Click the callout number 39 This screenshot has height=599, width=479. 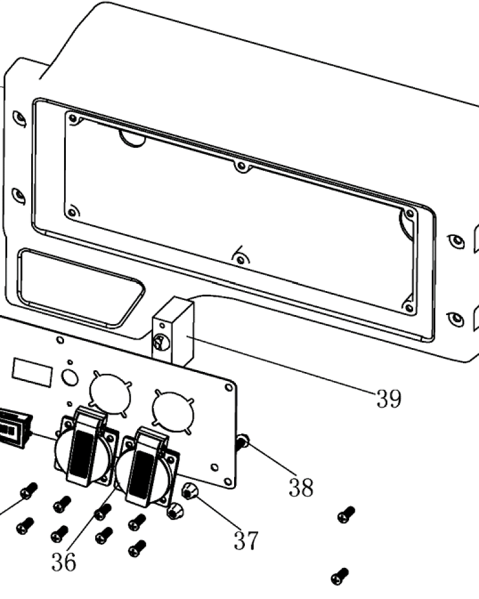pos(389,398)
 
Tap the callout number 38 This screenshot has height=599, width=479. pos(301,487)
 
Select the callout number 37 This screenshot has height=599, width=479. pos(246,540)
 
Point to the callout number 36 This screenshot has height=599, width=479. pos(64,562)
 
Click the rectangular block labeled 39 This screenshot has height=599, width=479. pos(173,331)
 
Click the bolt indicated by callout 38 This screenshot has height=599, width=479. pos(242,442)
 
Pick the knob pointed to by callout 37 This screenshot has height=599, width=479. pos(189,491)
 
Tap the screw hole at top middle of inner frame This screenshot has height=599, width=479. pos(241,167)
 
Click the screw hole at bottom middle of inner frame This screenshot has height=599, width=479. pos(240,260)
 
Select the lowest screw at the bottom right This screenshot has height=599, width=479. pos(340,576)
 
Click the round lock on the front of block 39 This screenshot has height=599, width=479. pos(161,342)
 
